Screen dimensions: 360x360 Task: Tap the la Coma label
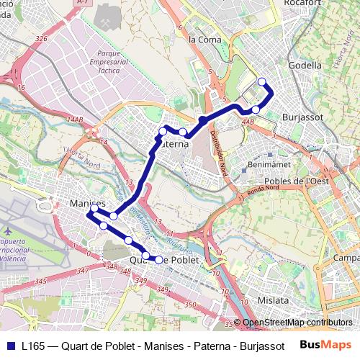204,40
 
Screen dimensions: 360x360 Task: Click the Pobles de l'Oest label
297,181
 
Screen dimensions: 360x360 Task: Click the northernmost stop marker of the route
261,81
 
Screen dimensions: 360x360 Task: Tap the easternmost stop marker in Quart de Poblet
159,259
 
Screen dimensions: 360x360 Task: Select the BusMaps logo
320,344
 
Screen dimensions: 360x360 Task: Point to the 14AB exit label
73,119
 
